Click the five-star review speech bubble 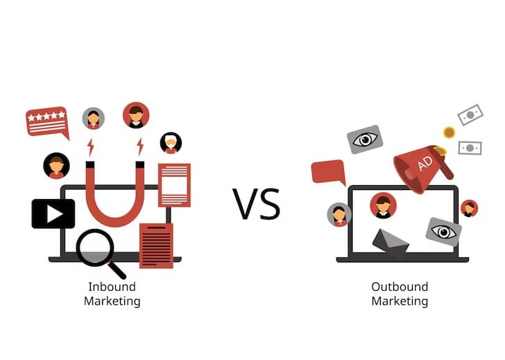click(47, 122)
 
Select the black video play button click(53, 214)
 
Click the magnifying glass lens click(95, 248)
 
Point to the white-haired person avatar click(171, 143)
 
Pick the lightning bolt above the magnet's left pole click(91, 147)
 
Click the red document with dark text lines click(156, 246)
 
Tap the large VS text click(257, 204)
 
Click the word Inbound click(112, 286)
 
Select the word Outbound click(400, 286)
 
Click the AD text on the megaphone click(425, 164)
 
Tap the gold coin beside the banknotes click(449, 132)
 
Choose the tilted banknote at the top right click(470, 114)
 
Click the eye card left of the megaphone click(365, 139)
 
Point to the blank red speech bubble click(329, 173)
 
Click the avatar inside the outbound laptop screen click(383, 205)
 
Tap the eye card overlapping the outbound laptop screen click(443, 232)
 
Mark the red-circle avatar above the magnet click(136, 115)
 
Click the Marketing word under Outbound click(400, 302)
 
